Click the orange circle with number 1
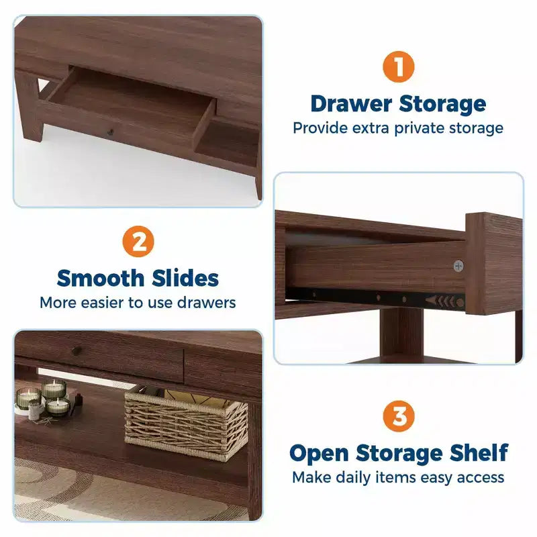click(x=398, y=66)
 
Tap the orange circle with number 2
click(x=138, y=242)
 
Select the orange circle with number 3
click(x=399, y=416)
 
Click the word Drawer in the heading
click(x=351, y=103)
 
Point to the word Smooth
click(x=100, y=278)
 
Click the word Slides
click(x=185, y=278)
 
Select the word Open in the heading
click(x=320, y=454)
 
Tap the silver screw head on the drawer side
click(x=458, y=265)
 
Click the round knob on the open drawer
click(x=110, y=132)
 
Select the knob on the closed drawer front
click(x=77, y=350)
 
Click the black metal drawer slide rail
click(x=375, y=298)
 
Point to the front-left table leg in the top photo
click(x=30, y=105)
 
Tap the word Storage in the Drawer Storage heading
click(x=442, y=104)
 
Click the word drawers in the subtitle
click(x=207, y=303)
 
